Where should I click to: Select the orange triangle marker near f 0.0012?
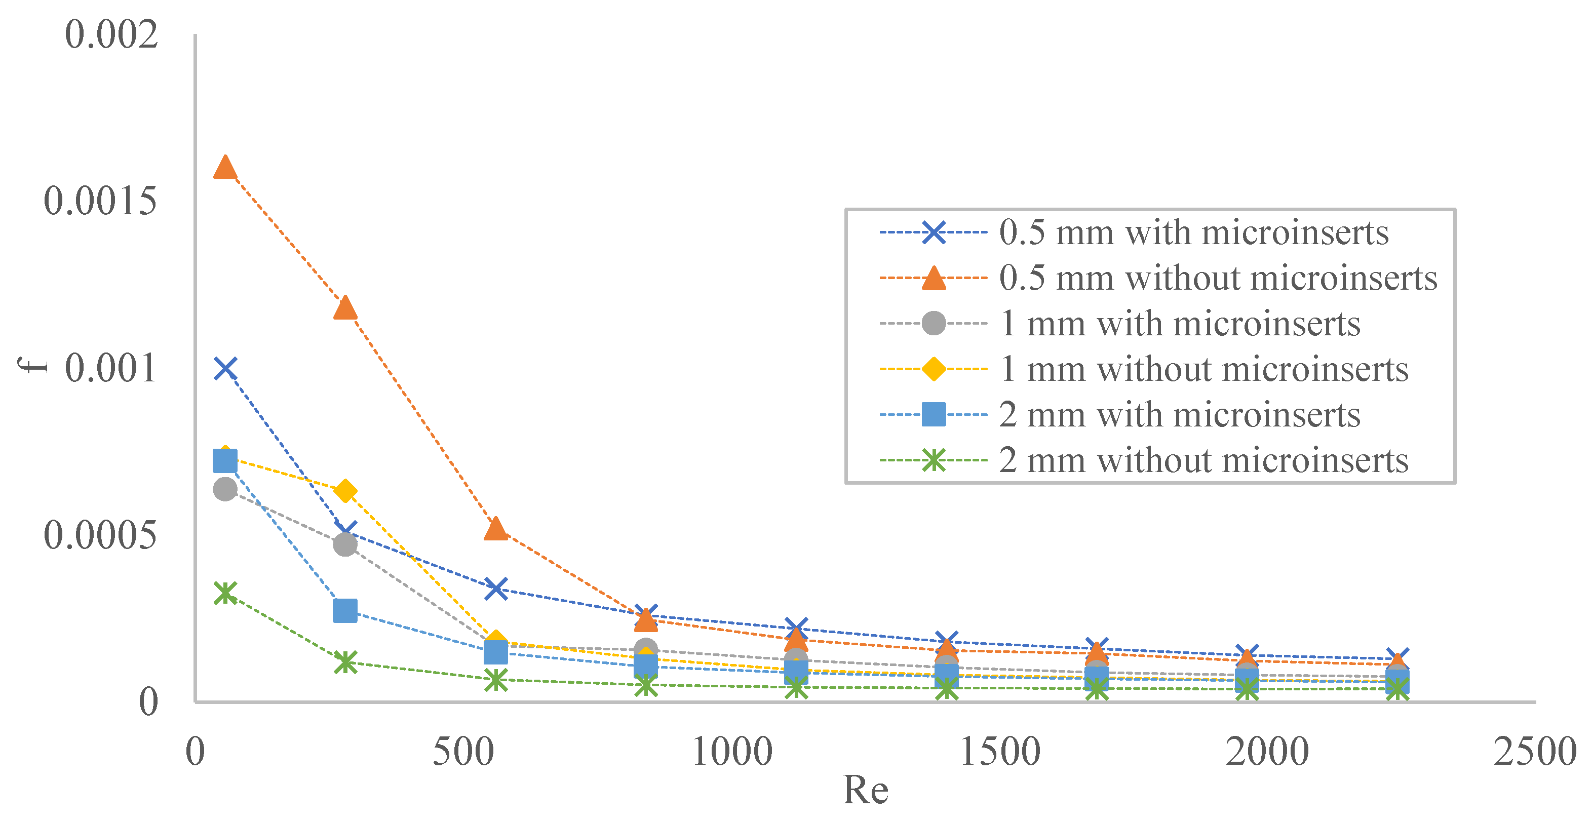pyautogui.click(x=345, y=308)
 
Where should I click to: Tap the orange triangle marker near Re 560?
pyautogui.click(x=496, y=529)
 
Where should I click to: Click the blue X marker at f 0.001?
pyautogui.click(x=225, y=368)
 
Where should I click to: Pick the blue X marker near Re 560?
pyautogui.click(x=496, y=588)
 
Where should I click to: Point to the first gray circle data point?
pyautogui.click(x=225, y=489)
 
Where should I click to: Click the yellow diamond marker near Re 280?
pyautogui.click(x=345, y=491)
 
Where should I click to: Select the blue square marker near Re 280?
pyautogui.click(x=345, y=610)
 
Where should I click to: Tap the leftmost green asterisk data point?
pyautogui.click(x=225, y=593)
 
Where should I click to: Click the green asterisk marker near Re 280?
pyautogui.click(x=345, y=662)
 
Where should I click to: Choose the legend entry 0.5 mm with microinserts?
pyautogui.click(x=1193, y=233)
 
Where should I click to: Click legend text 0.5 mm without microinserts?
pyautogui.click(x=1218, y=279)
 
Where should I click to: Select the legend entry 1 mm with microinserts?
pyautogui.click(x=1179, y=324)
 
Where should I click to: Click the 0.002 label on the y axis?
pyautogui.click(x=111, y=34)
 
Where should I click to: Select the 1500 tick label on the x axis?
pyautogui.click(x=999, y=752)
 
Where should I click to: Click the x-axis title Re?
pyautogui.click(x=865, y=790)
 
